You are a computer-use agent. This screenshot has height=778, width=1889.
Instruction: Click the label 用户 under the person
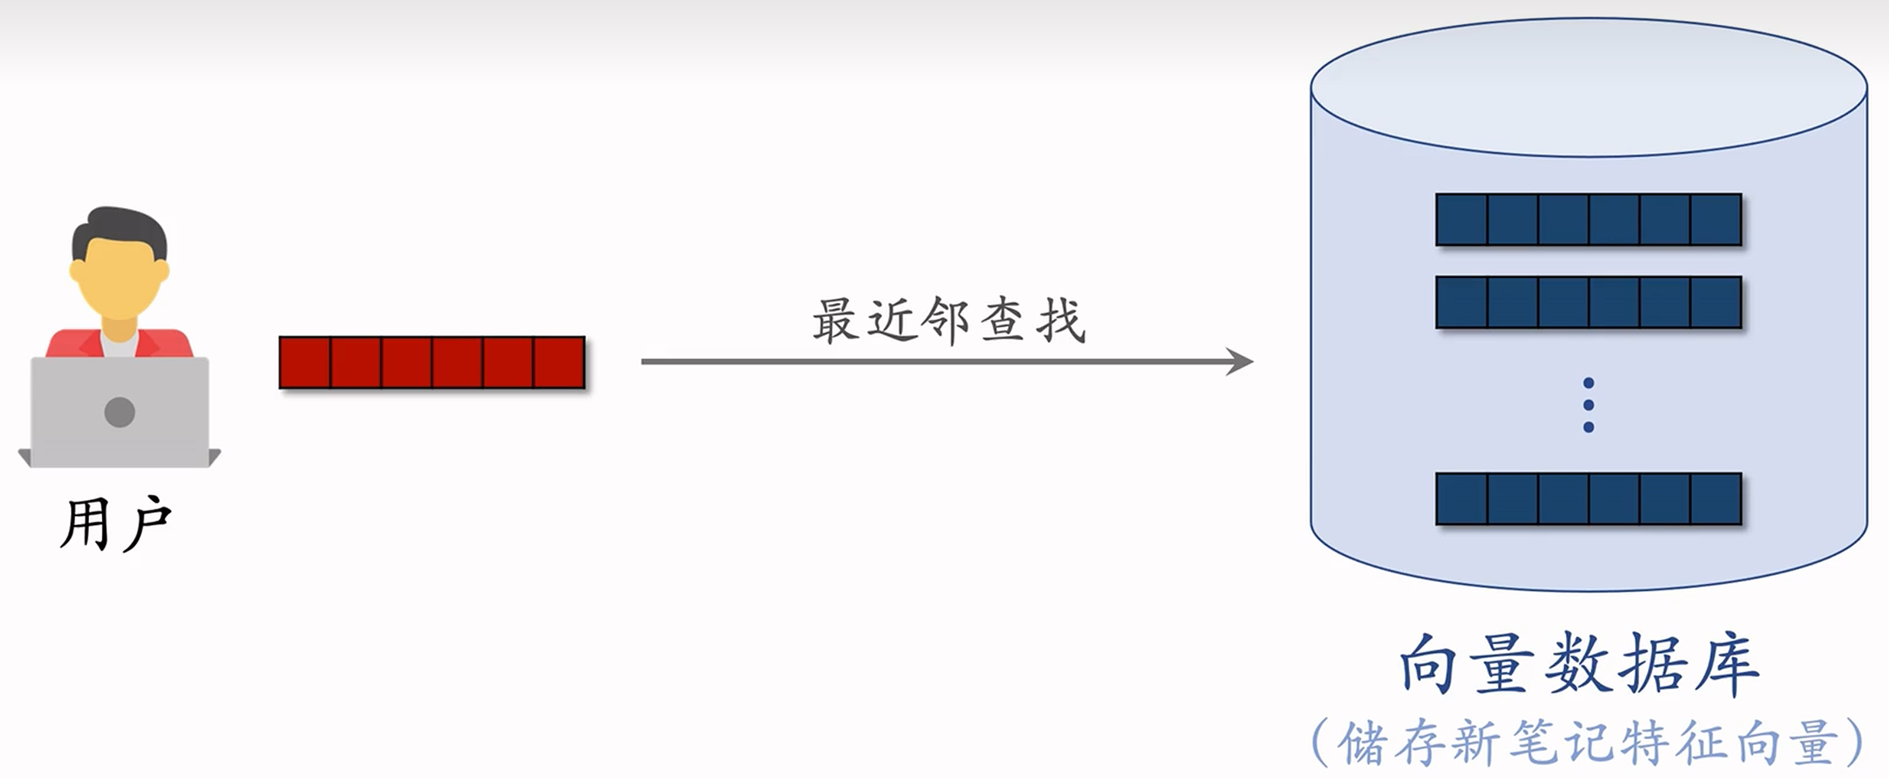click(117, 524)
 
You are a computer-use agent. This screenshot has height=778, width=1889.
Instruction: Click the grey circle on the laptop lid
click(119, 412)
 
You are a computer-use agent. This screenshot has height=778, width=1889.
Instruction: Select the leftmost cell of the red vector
click(305, 363)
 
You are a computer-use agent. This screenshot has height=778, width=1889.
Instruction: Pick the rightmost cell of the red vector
click(560, 363)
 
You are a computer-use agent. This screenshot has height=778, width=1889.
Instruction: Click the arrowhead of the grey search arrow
click(1240, 361)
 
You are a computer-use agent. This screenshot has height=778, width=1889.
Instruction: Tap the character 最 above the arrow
click(835, 320)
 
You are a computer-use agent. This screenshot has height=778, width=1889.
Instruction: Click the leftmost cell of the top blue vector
click(1461, 219)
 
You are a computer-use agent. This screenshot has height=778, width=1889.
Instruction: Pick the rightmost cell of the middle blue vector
click(1716, 302)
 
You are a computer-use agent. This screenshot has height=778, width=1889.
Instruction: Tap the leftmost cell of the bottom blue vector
click(1461, 498)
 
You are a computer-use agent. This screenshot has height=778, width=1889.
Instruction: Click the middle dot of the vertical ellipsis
click(1588, 405)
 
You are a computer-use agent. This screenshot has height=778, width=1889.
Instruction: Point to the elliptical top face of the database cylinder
click(1588, 87)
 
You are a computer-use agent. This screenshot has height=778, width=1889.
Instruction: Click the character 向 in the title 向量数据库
click(1429, 664)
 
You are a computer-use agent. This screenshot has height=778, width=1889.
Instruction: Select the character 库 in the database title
click(1727, 664)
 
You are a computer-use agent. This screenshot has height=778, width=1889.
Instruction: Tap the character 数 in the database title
click(1579, 664)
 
